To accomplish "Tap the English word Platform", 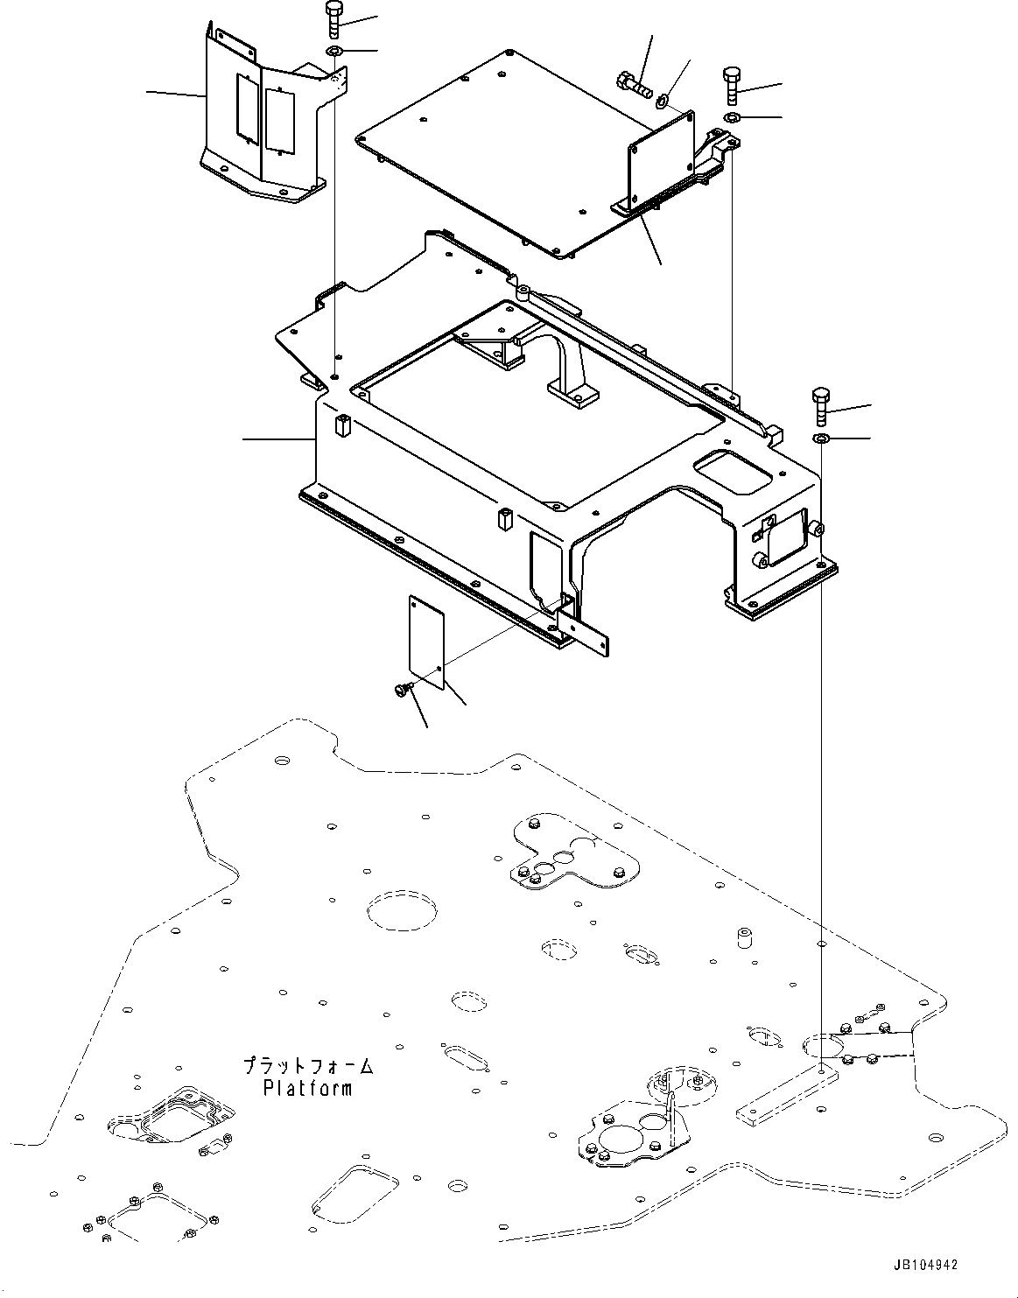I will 308,1089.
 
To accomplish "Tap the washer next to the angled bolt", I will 664,101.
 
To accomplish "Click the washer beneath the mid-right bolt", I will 821,437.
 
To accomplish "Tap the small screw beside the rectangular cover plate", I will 402,691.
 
